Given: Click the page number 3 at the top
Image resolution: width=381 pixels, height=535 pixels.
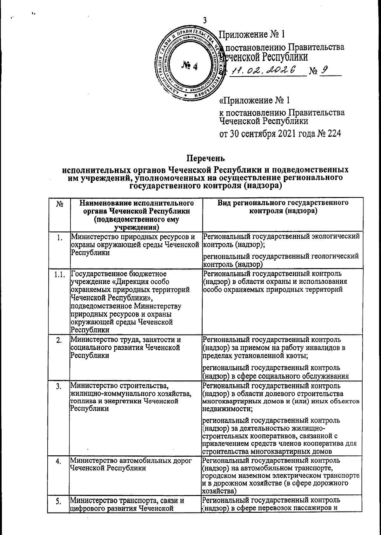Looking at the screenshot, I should (x=205, y=20).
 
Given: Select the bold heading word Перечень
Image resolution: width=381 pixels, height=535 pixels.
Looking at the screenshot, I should (x=205, y=158).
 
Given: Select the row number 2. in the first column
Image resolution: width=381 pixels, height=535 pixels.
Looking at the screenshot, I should (x=59, y=341).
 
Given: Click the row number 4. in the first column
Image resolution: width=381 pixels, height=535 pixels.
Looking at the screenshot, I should (x=59, y=462).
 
